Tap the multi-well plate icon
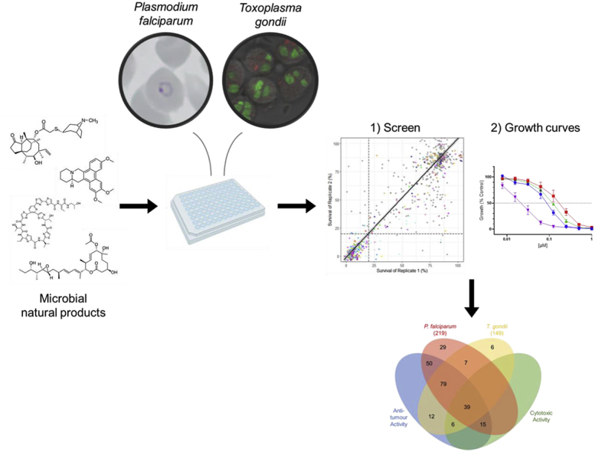[217, 205]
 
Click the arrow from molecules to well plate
[135, 206]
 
